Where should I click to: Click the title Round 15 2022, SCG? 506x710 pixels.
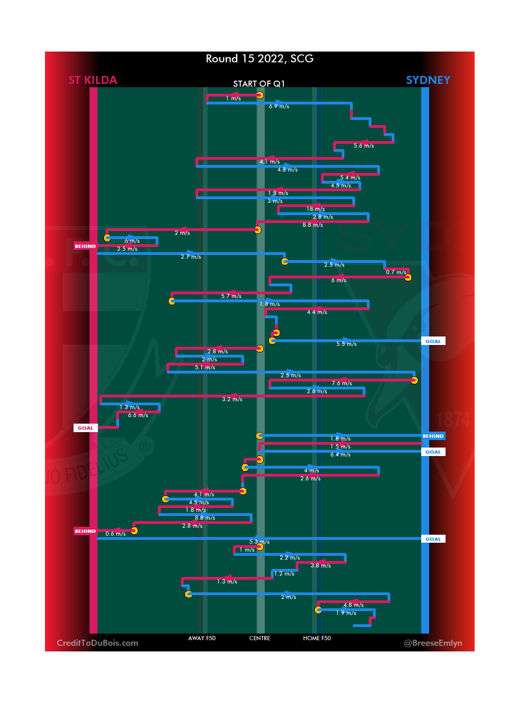[x=260, y=59]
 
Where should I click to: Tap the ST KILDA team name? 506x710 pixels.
[x=93, y=80]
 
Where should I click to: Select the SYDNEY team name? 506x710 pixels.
[x=428, y=80]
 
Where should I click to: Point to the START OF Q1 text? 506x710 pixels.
[x=259, y=84]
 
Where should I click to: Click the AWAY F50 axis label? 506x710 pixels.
[x=202, y=638]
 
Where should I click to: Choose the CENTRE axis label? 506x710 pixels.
[x=260, y=638]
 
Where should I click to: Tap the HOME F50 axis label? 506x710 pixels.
[x=317, y=638]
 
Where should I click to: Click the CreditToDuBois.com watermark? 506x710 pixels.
[x=97, y=643]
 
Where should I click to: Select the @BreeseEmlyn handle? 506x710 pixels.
[x=433, y=643]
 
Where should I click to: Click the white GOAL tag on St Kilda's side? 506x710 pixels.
[x=85, y=428]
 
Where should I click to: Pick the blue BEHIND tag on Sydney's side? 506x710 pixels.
[x=433, y=436]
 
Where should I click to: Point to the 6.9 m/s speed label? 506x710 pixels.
[x=279, y=106]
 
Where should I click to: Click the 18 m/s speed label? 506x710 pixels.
[x=315, y=209]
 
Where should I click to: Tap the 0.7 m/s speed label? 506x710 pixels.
[x=396, y=272]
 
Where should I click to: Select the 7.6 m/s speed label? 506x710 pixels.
[x=342, y=383]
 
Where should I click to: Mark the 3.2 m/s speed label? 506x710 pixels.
[x=232, y=399]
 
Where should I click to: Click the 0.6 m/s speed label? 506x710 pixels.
[x=115, y=534]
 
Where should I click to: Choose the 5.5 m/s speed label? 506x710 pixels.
[x=346, y=344]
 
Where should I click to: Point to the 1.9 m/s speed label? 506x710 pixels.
[x=346, y=613]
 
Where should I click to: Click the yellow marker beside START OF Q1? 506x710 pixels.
[x=260, y=96]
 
